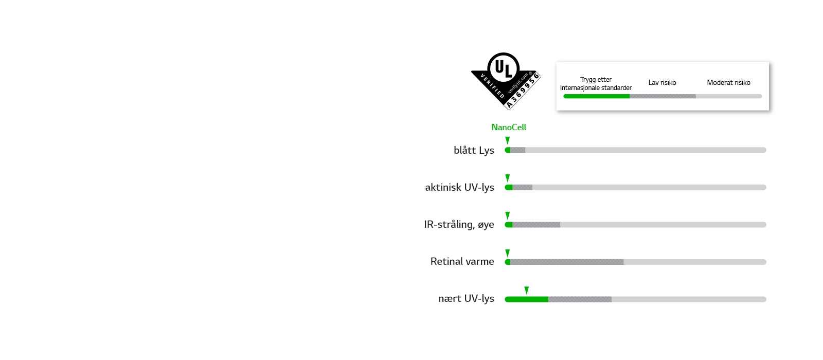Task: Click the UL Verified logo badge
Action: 506,81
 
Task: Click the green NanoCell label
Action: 509,128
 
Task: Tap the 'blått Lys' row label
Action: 474,150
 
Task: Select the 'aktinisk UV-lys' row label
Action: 460,187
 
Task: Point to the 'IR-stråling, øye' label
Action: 459,224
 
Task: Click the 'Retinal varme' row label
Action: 462,262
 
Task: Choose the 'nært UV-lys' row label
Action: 466,299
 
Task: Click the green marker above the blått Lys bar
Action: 507,141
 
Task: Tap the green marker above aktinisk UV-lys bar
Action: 507,178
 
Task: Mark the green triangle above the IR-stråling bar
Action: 507,215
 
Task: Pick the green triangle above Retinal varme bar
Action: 507,253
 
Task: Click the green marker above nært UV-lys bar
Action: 527,291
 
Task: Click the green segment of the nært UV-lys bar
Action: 527,299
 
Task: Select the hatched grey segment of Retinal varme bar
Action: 567,262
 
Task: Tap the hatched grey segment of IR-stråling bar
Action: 536,224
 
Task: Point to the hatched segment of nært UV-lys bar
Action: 580,299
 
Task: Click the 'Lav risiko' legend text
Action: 662,83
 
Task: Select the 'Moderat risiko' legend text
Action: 728,83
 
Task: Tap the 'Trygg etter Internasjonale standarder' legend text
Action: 596,84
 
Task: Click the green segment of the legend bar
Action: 596,96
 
